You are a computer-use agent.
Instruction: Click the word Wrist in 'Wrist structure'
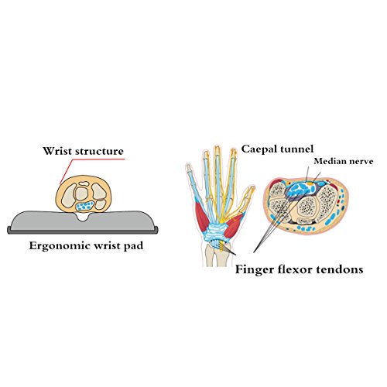[58, 151]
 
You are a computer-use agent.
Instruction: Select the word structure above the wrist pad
[100, 151]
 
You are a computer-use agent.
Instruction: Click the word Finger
[254, 270]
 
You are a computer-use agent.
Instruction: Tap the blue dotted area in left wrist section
[85, 206]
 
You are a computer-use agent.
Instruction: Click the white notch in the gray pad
[83, 217]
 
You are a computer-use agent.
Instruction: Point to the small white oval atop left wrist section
[84, 184]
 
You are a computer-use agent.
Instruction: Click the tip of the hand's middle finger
[217, 147]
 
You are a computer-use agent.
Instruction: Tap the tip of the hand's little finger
[188, 166]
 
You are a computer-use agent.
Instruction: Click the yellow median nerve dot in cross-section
[310, 183]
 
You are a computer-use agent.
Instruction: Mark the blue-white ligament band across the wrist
[216, 231]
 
